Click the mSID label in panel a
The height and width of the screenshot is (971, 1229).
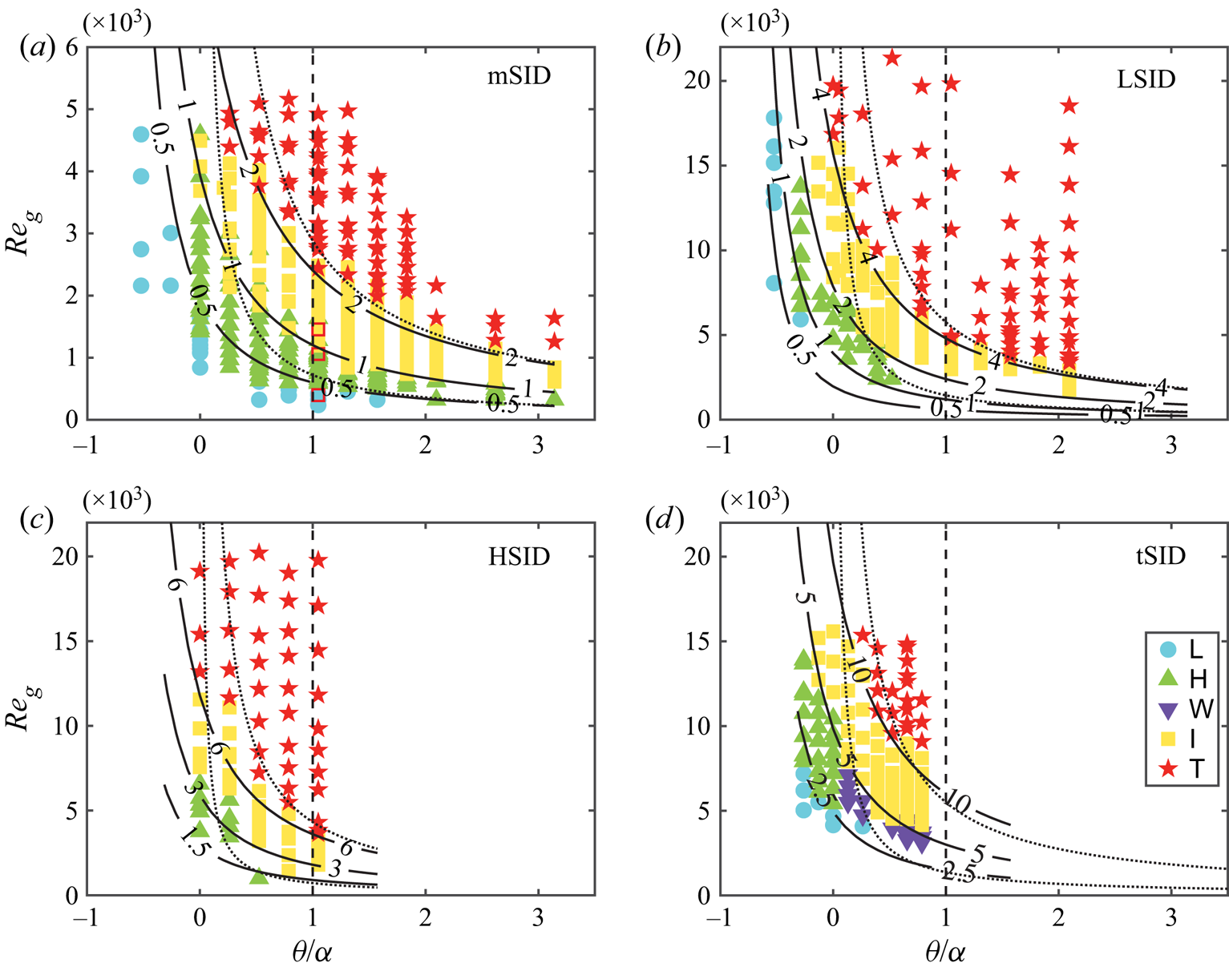(519, 77)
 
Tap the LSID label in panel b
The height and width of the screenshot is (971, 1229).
(1146, 79)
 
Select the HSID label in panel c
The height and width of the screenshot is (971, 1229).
(519, 556)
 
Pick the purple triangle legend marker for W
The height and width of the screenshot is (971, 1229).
(1169, 709)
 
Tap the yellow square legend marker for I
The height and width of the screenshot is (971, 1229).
(1169, 739)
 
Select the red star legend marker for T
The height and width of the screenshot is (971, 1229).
(1169, 768)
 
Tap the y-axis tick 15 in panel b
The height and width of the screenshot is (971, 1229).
(701, 166)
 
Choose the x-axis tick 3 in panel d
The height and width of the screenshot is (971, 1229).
(1171, 918)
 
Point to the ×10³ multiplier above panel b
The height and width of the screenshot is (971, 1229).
(754, 23)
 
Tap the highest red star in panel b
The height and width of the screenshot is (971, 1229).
(891, 58)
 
